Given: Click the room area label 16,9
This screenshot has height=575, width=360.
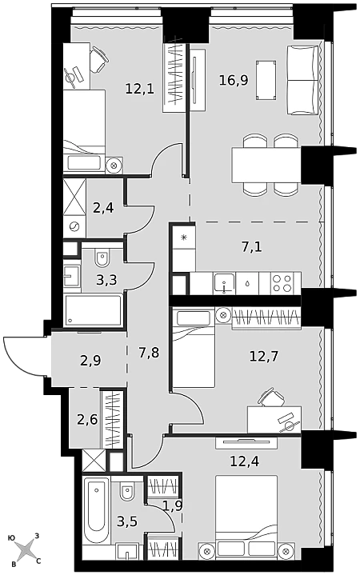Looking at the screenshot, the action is pos(234,80).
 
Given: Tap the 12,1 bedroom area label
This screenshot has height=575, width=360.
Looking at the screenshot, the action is pos(139,89).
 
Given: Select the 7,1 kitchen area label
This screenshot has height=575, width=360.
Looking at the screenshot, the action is pos(252,247).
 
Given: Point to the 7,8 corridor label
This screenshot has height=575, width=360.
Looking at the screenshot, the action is pos(149,353).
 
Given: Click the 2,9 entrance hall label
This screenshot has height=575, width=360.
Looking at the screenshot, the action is pos(90,361).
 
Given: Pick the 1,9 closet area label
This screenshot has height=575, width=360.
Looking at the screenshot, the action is pos(173,505).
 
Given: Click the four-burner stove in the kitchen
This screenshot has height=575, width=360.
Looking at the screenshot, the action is pos(282,283).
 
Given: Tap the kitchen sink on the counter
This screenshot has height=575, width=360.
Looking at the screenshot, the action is pos(224,283).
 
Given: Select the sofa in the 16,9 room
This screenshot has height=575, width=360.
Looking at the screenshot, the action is pos(302,80).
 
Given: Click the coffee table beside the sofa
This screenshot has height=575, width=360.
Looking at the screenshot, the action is pos(266,80).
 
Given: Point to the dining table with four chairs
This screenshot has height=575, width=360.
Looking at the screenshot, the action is pos(266,165).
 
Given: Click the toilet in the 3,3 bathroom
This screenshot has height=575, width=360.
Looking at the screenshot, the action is pos(102,258).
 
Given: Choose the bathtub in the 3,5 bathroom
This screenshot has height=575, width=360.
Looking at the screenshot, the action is pos(96,510).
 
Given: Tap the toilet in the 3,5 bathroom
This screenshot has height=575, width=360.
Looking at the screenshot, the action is pos(127,491).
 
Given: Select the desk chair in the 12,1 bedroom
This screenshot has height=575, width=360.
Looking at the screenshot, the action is pos(98,58).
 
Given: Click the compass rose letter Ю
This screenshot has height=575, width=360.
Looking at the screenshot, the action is pos(11,538).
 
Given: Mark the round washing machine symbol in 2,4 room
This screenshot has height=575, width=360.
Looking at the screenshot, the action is pos(74,226).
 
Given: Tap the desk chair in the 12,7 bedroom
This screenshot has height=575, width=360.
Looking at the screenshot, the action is pos(272,397).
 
